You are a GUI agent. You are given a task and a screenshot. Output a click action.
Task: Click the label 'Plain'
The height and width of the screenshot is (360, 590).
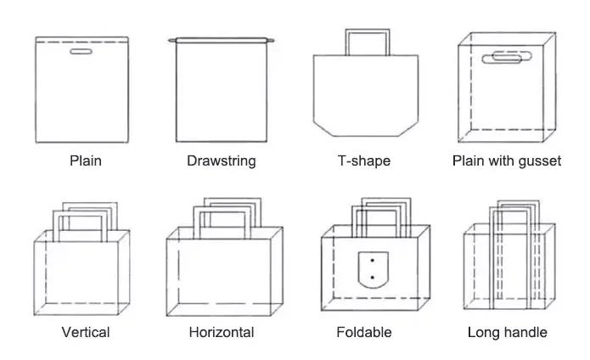pyautogui.click(x=85, y=160)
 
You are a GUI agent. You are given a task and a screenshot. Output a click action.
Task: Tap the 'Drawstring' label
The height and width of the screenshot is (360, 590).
pyautogui.click(x=221, y=160)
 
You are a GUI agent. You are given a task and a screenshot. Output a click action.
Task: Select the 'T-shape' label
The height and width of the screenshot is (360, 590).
pyautogui.click(x=364, y=160)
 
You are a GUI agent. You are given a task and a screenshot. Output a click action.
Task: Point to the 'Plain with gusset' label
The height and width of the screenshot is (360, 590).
pyautogui.click(x=507, y=160)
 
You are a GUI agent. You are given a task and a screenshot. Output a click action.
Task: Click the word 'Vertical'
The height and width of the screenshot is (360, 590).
pyautogui.click(x=85, y=332)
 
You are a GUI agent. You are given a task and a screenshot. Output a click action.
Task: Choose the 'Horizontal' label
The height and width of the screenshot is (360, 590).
pyautogui.click(x=221, y=332)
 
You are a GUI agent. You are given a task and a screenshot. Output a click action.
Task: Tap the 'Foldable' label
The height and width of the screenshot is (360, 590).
pyautogui.click(x=364, y=332)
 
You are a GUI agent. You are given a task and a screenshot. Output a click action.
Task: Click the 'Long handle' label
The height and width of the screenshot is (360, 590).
pyautogui.click(x=507, y=332)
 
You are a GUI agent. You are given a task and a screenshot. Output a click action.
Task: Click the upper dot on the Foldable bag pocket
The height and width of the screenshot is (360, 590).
pyautogui.click(x=373, y=261)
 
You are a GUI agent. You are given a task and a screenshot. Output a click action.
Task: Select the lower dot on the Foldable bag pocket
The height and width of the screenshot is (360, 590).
pyautogui.click(x=373, y=278)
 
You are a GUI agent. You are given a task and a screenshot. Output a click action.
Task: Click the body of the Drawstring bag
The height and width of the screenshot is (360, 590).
pyautogui.click(x=222, y=93)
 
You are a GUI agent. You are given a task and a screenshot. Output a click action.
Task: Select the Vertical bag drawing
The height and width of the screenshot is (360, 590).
pyautogui.click(x=81, y=272)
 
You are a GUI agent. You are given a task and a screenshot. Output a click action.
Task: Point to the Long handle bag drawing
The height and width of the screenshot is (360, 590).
pyautogui.click(x=508, y=267)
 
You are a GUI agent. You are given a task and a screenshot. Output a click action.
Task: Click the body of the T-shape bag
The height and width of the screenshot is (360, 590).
pyautogui.click(x=365, y=93)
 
